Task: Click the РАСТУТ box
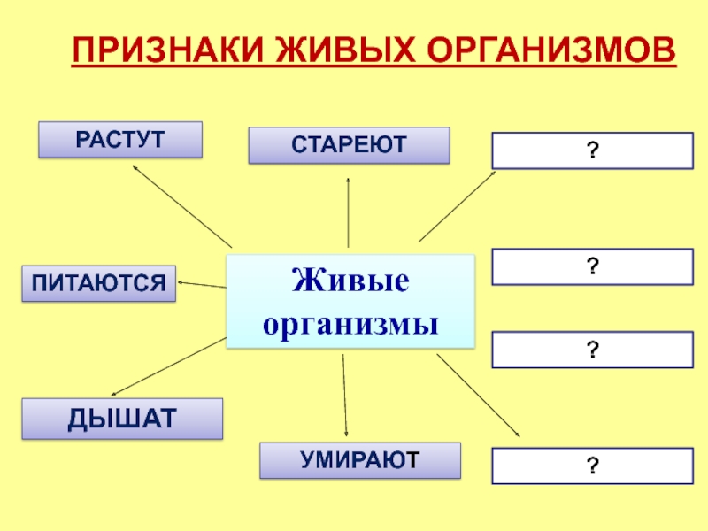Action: coord(120,140)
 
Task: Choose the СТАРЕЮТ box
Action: coord(349,145)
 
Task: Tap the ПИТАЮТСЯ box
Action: coord(99,283)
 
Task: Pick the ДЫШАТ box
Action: coord(122,419)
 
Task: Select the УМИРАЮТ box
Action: coord(359,461)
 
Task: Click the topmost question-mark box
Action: coord(591,150)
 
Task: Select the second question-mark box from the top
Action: coord(591,266)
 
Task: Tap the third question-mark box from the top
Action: coord(591,350)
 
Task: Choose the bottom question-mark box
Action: coord(591,466)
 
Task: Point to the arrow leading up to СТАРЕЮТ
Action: coord(349,212)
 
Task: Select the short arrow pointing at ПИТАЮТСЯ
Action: coord(202,284)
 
